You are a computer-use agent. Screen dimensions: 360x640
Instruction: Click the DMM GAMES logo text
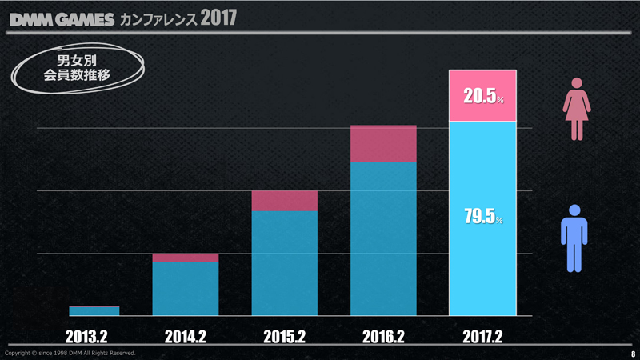62,18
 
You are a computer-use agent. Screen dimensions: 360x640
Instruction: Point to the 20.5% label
483,97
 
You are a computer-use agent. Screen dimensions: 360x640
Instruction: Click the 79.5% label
483,217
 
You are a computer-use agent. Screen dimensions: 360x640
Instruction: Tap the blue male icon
574,237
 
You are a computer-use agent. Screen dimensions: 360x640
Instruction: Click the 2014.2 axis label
186,337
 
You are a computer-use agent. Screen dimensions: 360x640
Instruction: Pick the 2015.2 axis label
285,337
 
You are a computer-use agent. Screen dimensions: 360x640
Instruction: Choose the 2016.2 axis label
384,337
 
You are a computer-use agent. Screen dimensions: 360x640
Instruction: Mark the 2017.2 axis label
483,337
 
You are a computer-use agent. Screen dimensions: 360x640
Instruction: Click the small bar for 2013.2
94,311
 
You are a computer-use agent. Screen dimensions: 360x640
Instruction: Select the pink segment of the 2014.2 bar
186,258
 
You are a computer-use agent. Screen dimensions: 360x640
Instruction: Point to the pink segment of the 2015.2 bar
285,201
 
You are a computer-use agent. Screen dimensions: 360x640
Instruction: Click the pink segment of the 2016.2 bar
384,144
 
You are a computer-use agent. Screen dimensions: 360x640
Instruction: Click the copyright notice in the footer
70,353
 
